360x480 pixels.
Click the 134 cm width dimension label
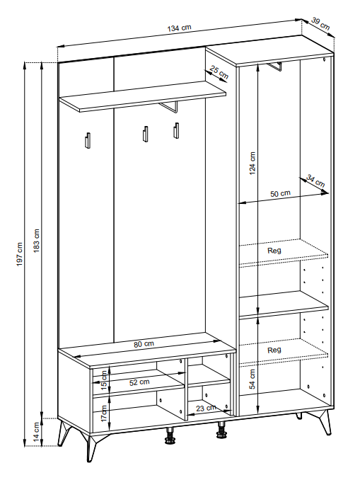click(179, 28)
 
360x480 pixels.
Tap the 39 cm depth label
click(321, 23)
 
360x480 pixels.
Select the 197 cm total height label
click(20, 254)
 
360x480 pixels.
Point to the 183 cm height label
click(37, 241)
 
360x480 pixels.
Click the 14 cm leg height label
click(37, 432)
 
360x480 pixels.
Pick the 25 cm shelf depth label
click(219, 72)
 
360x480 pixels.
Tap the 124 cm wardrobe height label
click(252, 163)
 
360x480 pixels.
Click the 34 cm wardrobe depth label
click(315, 181)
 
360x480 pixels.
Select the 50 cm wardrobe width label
click(280, 194)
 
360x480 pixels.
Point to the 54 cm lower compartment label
click(252, 379)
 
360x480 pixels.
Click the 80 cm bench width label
click(144, 344)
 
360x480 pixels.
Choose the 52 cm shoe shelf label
click(139, 382)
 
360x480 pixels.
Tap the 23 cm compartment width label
click(206, 408)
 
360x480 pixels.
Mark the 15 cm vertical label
click(104, 380)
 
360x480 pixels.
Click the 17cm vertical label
click(104, 413)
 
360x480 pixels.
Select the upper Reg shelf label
click(274, 251)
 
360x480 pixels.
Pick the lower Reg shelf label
click(274, 350)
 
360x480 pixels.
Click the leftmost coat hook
click(88, 140)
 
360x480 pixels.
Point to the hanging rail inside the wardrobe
click(274, 67)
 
